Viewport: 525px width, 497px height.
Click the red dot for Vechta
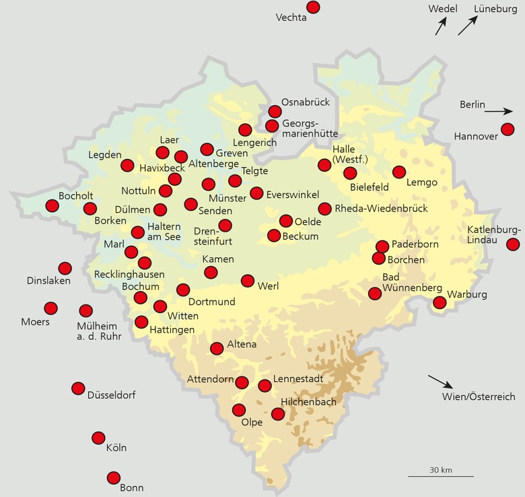312,7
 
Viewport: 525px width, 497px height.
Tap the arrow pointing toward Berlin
498,111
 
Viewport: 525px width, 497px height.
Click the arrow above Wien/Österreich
441,381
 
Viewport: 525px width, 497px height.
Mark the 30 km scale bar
440,476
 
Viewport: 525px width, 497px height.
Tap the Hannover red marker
508,129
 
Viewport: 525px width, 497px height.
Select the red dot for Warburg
440,302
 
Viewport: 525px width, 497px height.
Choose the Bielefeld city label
371,187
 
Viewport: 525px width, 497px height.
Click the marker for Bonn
113,477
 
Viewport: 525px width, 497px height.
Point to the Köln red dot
98,438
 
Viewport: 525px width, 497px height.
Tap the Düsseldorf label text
116,395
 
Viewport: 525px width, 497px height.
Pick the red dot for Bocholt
52,206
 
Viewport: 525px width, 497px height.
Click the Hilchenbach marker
278,414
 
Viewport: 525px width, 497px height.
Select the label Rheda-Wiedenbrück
381,209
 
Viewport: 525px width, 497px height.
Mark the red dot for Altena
217,348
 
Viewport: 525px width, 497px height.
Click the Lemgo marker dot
399,172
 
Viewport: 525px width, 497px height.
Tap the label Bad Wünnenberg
412,283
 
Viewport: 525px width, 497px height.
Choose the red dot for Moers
50,308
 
